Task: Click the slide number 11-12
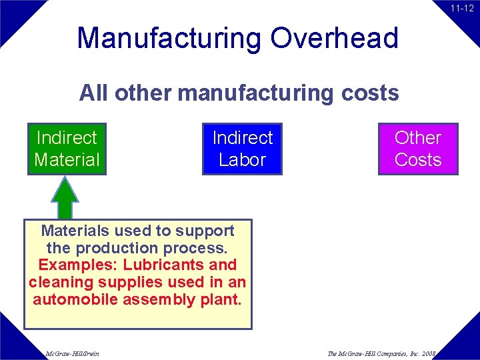[461, 9]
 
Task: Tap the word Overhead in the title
[334, 38]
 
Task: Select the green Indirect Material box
[67, 149]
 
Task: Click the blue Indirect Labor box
[242, 149]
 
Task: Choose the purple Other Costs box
[418, 149]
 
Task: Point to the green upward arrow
[65, 197]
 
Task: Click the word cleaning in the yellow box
[57, 283]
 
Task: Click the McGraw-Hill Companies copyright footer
[381, 353]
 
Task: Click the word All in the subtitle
[94, 93]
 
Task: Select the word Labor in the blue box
[242, 160]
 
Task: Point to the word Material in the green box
[67, 160]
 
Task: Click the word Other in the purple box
[418, 138]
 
